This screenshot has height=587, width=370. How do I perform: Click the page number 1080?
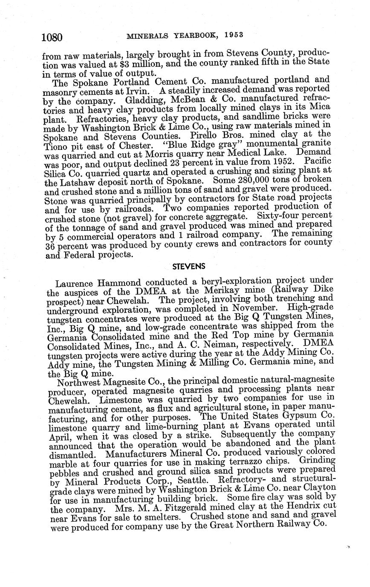[52, 38]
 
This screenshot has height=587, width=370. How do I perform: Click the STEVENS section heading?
[188, 266]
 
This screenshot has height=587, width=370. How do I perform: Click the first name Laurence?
[75, 283]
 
